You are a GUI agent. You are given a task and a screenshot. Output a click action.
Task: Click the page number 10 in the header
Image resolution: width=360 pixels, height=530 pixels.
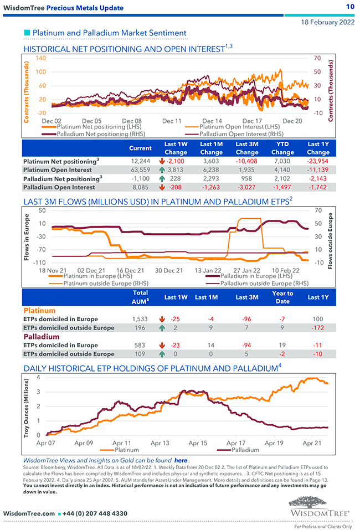click(x=349, y=7)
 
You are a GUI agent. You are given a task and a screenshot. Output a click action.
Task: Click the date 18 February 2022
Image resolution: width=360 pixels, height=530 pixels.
click(x=327, y=22)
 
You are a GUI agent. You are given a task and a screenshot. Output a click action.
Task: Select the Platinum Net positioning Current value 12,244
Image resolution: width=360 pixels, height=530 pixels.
click(x=140, y=161)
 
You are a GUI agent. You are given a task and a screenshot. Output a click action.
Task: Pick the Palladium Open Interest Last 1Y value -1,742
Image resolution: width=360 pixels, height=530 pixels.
click(x=318, y=187)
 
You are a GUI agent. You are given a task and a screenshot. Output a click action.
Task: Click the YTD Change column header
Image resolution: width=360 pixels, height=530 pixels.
click(x=282, y=148)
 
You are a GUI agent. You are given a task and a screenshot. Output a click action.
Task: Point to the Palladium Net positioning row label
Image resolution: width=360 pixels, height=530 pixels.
click(x=63, y=178)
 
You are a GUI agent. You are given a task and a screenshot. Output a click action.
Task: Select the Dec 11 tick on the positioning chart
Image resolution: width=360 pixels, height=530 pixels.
click(x=172, y=120)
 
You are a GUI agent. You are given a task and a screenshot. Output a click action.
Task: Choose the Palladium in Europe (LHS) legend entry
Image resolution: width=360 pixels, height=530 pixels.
click(x=256, y=275)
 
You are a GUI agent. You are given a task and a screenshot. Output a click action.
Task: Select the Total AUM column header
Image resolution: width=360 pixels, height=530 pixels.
click(x=141, y=297)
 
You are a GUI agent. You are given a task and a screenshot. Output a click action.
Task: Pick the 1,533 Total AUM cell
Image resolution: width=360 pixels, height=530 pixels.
click(x=141, y=319)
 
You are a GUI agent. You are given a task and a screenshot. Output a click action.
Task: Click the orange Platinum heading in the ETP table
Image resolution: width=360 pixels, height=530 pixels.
click(x=39, y=311)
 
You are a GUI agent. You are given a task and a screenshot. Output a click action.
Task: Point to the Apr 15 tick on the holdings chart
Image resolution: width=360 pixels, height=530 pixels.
click(x=198, y=443)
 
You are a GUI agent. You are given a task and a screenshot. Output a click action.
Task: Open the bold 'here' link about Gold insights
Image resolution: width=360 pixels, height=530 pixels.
click(x=181, y=460)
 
